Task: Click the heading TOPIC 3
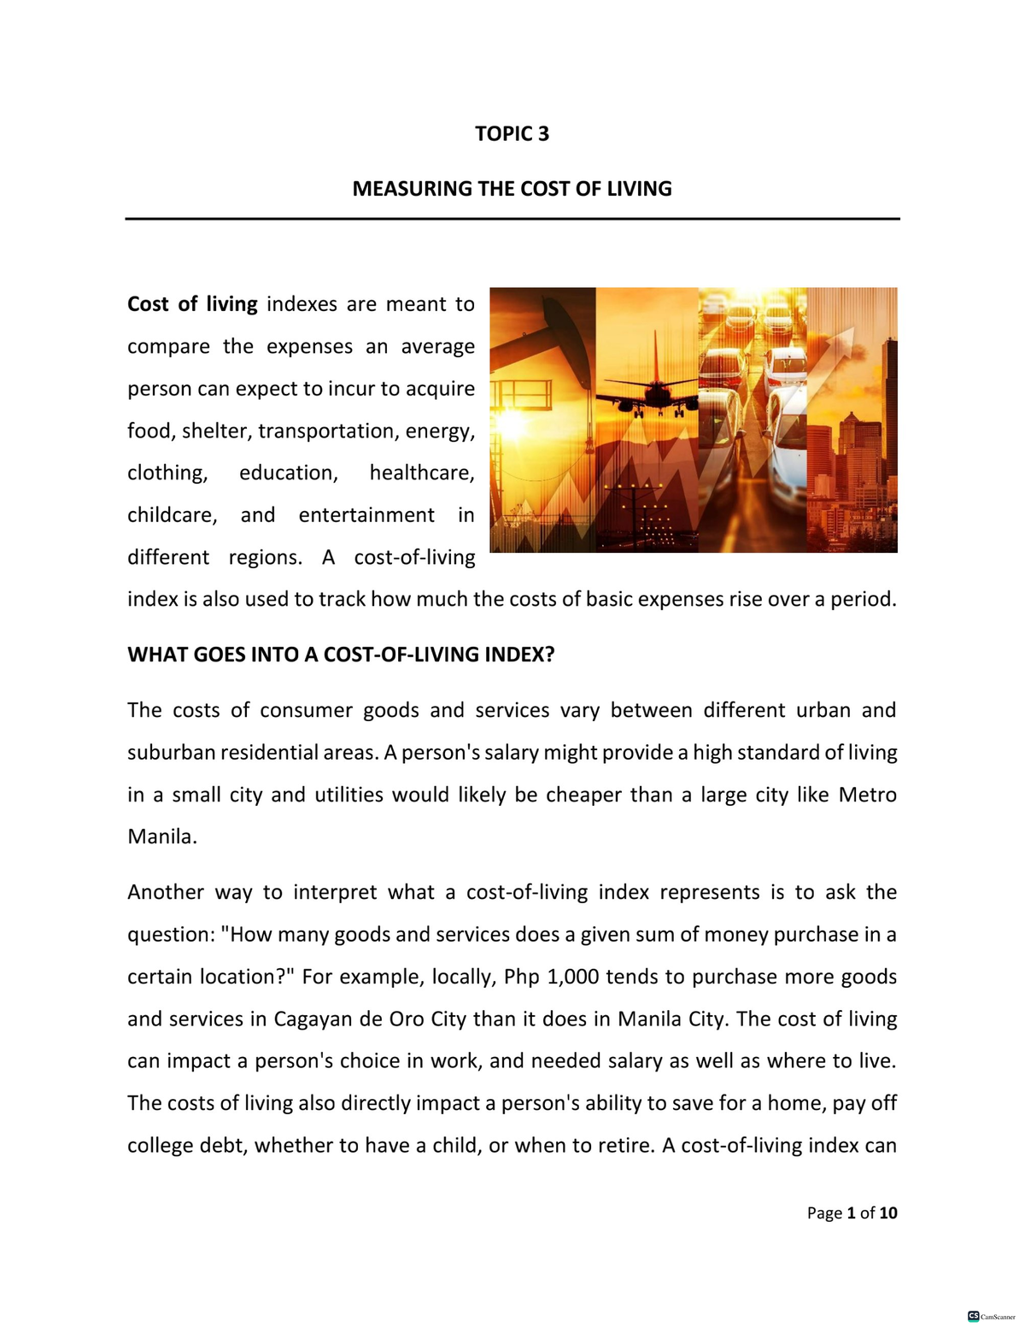tap(512, 134)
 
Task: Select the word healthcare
tap(421, 473)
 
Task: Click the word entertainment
tap(366, 515)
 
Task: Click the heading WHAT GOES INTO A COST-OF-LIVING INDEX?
tap(341, 655)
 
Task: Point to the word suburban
tap(171, 753)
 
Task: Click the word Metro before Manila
tap(867, 795)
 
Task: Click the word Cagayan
tap(310, 1019)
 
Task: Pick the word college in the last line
tap(160, 1146)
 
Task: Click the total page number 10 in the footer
tap(888, 1213)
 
